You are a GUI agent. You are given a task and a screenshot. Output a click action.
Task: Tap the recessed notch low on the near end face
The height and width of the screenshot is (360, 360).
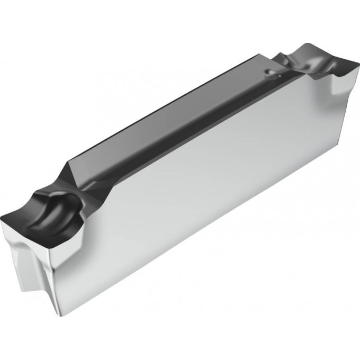21,270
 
